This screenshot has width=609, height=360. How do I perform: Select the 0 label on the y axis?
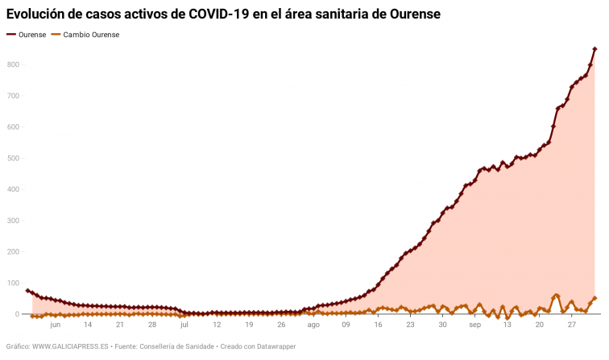coord(16,315)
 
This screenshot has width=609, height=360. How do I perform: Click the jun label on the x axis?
coord(55,325)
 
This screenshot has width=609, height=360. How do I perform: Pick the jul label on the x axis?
coord(184,325)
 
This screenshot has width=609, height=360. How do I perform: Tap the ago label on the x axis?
coord(313,325)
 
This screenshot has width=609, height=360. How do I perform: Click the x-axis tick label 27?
coord(571,325)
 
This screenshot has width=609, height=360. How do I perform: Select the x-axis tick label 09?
coord(346,325)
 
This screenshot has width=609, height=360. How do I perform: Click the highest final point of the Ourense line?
coord(594,49)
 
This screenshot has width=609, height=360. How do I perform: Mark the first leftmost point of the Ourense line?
coord(28,291)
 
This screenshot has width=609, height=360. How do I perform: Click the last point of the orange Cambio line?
coord(594,299)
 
